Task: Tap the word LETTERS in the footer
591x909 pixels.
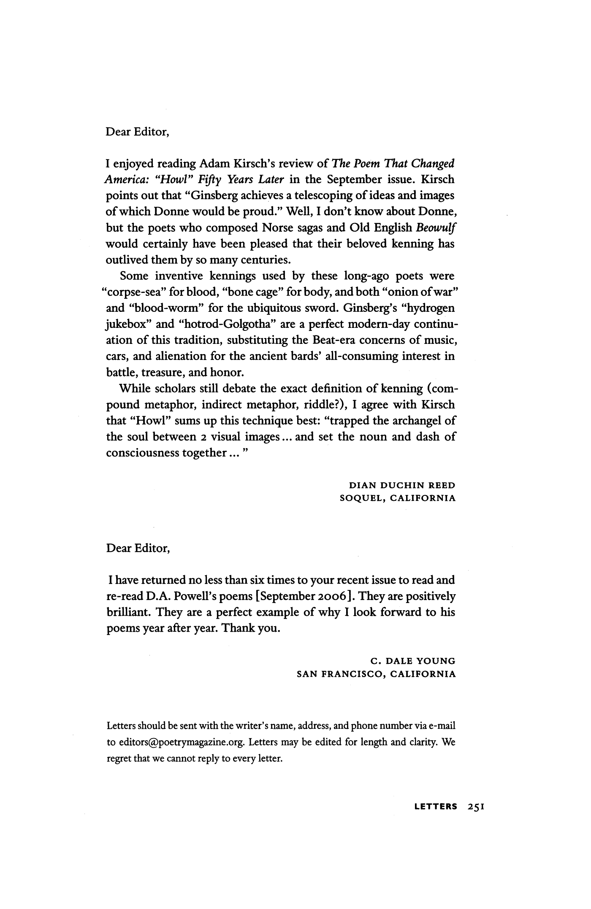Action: (x=436, y=807)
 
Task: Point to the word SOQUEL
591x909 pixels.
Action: (x=361, y=498)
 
